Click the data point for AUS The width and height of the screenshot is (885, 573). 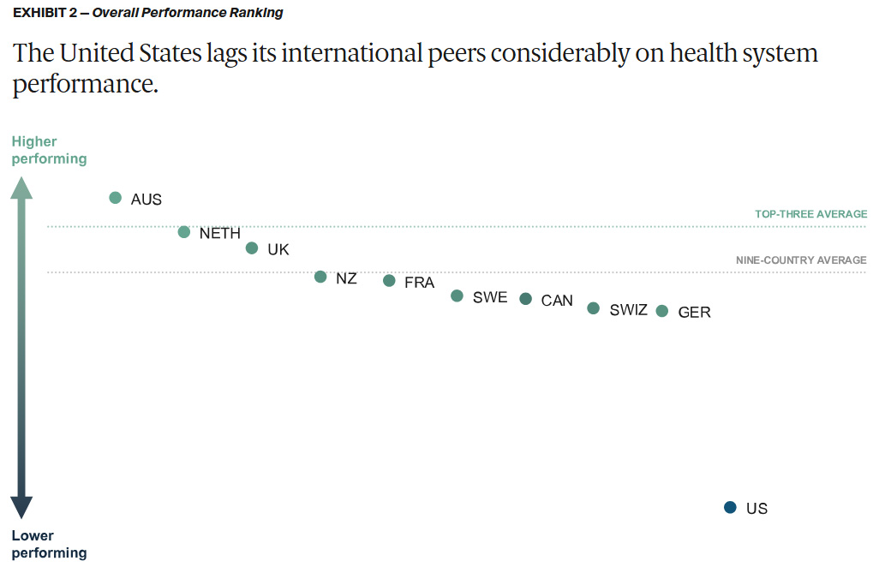(x=116, y=198)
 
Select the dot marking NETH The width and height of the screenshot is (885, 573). (x=184, y=232)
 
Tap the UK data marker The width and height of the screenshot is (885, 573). (x=252, y=248)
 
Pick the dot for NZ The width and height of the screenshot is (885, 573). (x=320, y=277)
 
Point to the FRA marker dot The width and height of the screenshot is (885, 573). (x=389, y=281)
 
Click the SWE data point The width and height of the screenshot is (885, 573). (x=457, y=296)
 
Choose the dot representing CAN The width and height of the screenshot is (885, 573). (x=526, y=299)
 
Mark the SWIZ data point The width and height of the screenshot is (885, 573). (x=594, y=308)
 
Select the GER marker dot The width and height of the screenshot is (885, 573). (x=662, y=311)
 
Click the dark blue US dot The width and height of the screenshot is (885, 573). (x=730, y=508)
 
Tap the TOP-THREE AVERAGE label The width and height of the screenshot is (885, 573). (x=810, y=214)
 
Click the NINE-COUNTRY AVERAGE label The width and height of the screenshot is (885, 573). (x=801, y=260)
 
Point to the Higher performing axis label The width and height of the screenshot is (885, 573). (x=49, y=150)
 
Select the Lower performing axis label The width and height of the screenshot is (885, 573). (x=49, y=544)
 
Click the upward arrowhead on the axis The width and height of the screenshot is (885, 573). (x=21, y=187)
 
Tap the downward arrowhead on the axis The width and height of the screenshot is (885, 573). (x=21, y=507)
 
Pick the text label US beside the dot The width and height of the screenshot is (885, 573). (x=756, y=509)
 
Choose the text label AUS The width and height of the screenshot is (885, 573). (x=147, y=200)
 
